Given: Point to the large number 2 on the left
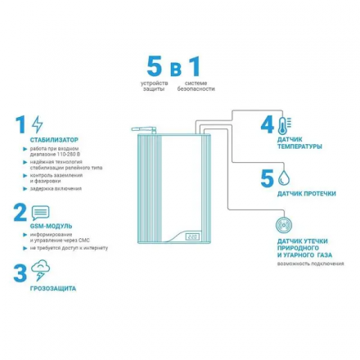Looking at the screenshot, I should (x=18, y=213).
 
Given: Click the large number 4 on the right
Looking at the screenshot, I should (x=266, y=125).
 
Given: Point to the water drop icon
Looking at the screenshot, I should (x=283, y=177).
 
